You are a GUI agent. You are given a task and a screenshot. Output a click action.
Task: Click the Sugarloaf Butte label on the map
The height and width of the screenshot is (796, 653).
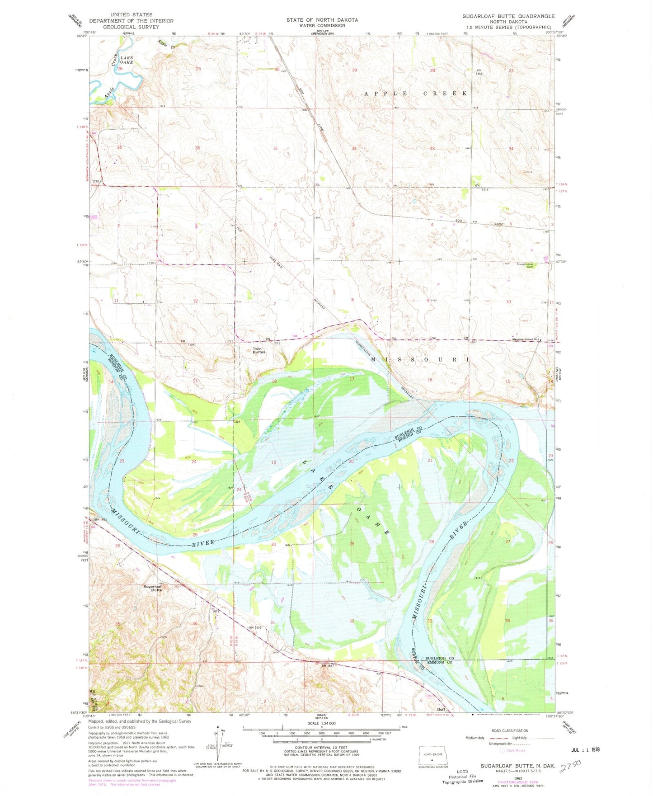(153, 588)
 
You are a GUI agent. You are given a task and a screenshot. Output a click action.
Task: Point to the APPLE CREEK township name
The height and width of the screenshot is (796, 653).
(416, 93)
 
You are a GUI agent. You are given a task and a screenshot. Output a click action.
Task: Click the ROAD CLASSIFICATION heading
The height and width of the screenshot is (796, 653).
(509, 730)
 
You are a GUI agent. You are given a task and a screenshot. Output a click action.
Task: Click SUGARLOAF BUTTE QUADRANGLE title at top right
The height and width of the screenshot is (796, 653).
(508, 16)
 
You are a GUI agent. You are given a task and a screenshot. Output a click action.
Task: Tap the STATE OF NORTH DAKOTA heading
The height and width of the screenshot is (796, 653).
(322, 20)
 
